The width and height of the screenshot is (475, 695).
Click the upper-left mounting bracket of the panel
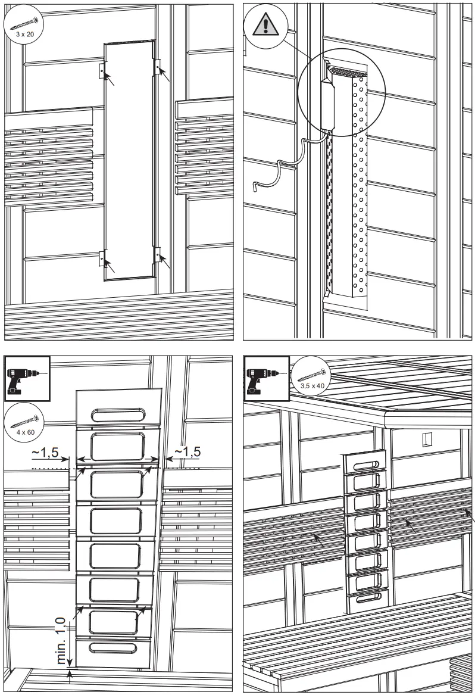point(102,70)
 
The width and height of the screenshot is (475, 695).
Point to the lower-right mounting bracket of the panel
point(158,255)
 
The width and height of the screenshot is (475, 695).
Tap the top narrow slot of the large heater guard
point(118,414)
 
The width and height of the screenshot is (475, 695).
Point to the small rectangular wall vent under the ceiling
point(425,440)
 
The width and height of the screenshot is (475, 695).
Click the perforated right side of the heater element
point(360,191)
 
